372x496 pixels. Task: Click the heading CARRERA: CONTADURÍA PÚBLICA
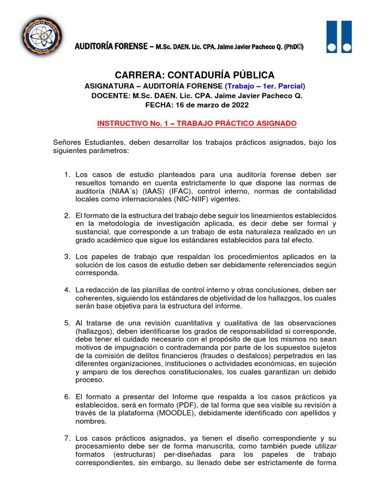coord(194,75)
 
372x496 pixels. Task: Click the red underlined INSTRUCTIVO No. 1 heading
coord(197,124)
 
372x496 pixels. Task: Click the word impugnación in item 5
coord(128,347)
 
